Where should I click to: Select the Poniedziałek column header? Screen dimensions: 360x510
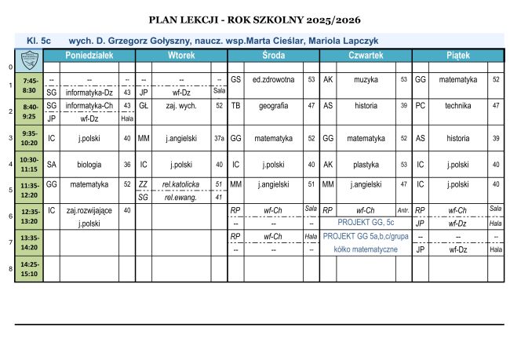(x=89, y=56)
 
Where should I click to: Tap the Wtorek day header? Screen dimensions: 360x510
(x=181, y=56)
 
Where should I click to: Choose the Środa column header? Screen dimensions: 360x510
(x=273, y=56)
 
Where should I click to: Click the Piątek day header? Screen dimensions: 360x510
(x=458, y=56)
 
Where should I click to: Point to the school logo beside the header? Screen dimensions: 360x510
(x=29, y=56)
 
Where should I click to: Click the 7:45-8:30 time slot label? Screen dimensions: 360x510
(x=31, y=85)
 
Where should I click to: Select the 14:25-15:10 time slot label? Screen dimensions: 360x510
(x=31, y=269)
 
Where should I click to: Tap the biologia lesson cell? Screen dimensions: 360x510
(x=89, y=165)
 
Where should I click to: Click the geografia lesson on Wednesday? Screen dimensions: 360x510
(x=273, y=105)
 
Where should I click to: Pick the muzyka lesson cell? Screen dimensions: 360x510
(x=366, y=79)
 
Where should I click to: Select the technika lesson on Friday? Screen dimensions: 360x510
(x=457, y=105)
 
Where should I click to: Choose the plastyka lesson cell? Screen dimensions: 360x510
(x=366, y=165)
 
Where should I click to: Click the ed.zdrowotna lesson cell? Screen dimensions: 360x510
(x=273, y=79)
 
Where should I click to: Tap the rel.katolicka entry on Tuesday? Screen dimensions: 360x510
(x=181, y=184)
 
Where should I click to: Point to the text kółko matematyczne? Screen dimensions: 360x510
(x=366, y=249)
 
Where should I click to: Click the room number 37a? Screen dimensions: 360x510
(x=219, y=139)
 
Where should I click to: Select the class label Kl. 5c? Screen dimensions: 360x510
(x=38, y=38)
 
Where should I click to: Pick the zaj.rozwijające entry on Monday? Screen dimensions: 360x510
(x=89, y=210)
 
